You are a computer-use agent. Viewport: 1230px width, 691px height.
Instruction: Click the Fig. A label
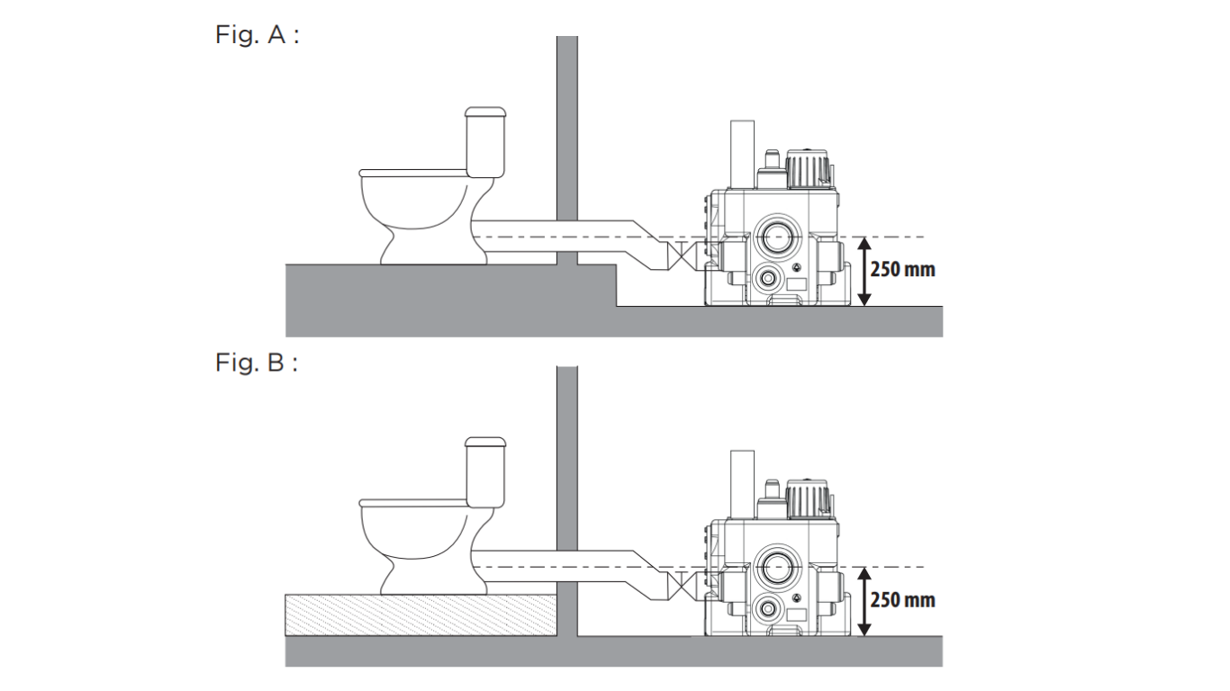pyautogui.click(x=257, y=34)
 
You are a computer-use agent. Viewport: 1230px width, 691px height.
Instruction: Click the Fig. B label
pyautogui.click(x=257, y=363)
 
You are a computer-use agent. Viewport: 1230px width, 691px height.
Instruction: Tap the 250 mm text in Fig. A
pyautogui.click(x=902, y=270)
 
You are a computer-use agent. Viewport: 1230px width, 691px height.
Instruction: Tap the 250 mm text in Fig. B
pyautogui.click(x=902, y=600)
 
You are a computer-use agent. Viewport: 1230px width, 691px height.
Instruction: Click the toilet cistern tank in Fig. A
pyautogui.click(x=485, y=142)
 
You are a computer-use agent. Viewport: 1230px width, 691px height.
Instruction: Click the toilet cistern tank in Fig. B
pyautogui.click(x=485, y=472)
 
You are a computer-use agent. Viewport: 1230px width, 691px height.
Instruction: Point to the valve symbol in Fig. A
pyautogui.click(x=681, y=256)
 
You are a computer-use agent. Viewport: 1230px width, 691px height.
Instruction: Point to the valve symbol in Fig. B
pyautogui.click(x=681, y=586)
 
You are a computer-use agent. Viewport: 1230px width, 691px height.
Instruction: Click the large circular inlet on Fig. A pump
pyautogui.click(x=776, y=237)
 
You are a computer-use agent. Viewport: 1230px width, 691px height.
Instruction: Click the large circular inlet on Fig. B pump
pyautogui.click(x=776, y=567)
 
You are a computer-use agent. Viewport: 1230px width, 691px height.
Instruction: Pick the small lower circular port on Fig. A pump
pyautogui.click(x=767, y=278)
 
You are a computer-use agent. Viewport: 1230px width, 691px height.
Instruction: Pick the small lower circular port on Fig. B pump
pyautogui.click(x=767, y=608)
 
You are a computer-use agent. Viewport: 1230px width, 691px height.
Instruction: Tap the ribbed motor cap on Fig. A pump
pyautogui.click(x=807, y=168)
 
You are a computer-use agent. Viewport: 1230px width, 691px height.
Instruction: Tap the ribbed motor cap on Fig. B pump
pyautogui.click(x=807, y=498)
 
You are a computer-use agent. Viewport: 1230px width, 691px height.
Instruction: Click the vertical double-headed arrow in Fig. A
pyautogui.click(x=864, y=271)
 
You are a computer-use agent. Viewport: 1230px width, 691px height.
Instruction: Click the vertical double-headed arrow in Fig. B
pyautogui.click(x=864, y=602)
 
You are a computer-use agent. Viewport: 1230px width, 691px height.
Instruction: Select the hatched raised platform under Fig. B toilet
pyautogui.click(x=421, y=615)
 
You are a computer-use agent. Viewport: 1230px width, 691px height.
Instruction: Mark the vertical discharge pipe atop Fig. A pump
pyautogui.click(x=742, y=154)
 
